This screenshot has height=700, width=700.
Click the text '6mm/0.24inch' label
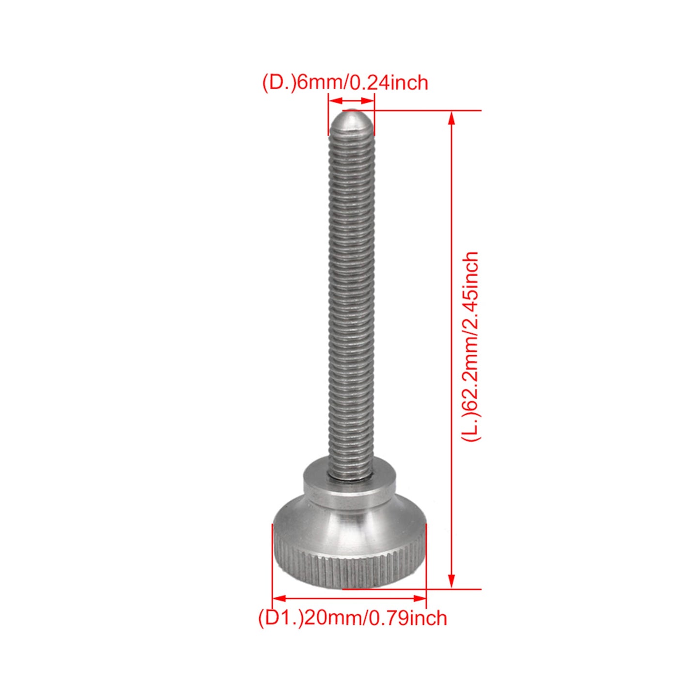coord(362,82)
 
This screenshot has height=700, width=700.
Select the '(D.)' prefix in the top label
coord(279,82)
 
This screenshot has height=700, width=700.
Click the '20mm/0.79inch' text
coord(375,618)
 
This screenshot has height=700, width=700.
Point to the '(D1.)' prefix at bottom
coord(281,618)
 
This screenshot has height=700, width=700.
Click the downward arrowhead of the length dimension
coord(451,582)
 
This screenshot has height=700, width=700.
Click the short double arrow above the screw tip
coord(351,100)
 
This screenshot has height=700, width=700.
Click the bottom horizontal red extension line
coord(412,589)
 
